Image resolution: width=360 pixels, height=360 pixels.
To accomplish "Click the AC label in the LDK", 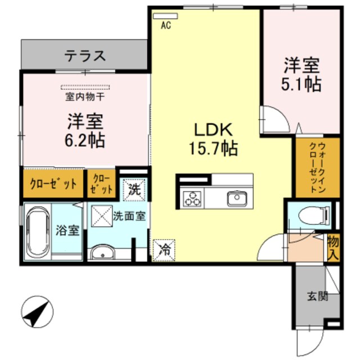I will point(166,25).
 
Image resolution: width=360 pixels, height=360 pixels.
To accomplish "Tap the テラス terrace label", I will point(85,56).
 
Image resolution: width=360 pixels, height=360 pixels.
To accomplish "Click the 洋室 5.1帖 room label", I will point(301,74).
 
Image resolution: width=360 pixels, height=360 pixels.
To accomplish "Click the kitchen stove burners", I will point(192,199).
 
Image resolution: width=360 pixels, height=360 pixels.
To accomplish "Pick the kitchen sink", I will point(235,199).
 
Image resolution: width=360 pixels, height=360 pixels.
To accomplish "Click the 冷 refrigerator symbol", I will point(163,249).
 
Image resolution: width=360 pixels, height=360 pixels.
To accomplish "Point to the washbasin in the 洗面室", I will point(102,253).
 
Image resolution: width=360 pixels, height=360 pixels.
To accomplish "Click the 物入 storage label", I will point(333,247).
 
